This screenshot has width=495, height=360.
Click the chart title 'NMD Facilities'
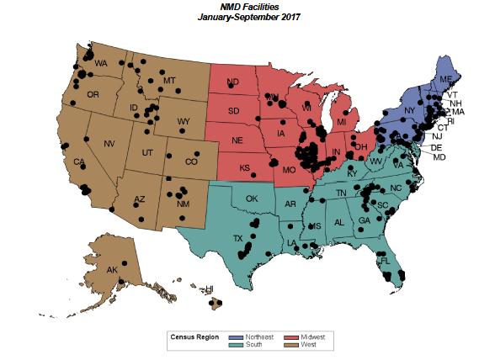coord(248,6)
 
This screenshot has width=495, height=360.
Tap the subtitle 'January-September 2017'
coord(248,16)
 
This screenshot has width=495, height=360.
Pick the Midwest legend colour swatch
coord(294,336)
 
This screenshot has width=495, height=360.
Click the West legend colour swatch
coord(294,343)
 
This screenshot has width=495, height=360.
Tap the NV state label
coord(109,144)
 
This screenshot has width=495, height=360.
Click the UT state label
coord(146,152)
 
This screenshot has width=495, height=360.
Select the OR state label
coord(93,94)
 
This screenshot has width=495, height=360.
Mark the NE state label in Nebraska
coord(238,140)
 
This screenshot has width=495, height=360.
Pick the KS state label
coord(245,167)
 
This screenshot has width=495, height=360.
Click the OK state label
coord(251,199)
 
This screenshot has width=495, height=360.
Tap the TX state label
coord(238,238)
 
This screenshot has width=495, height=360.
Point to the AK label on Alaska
coord(112,270)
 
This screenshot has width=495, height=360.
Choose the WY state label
coord(183,121)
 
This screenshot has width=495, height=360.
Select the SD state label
coord(234,111)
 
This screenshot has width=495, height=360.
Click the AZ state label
coord(141,199)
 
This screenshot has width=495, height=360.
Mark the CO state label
coord(191,161)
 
